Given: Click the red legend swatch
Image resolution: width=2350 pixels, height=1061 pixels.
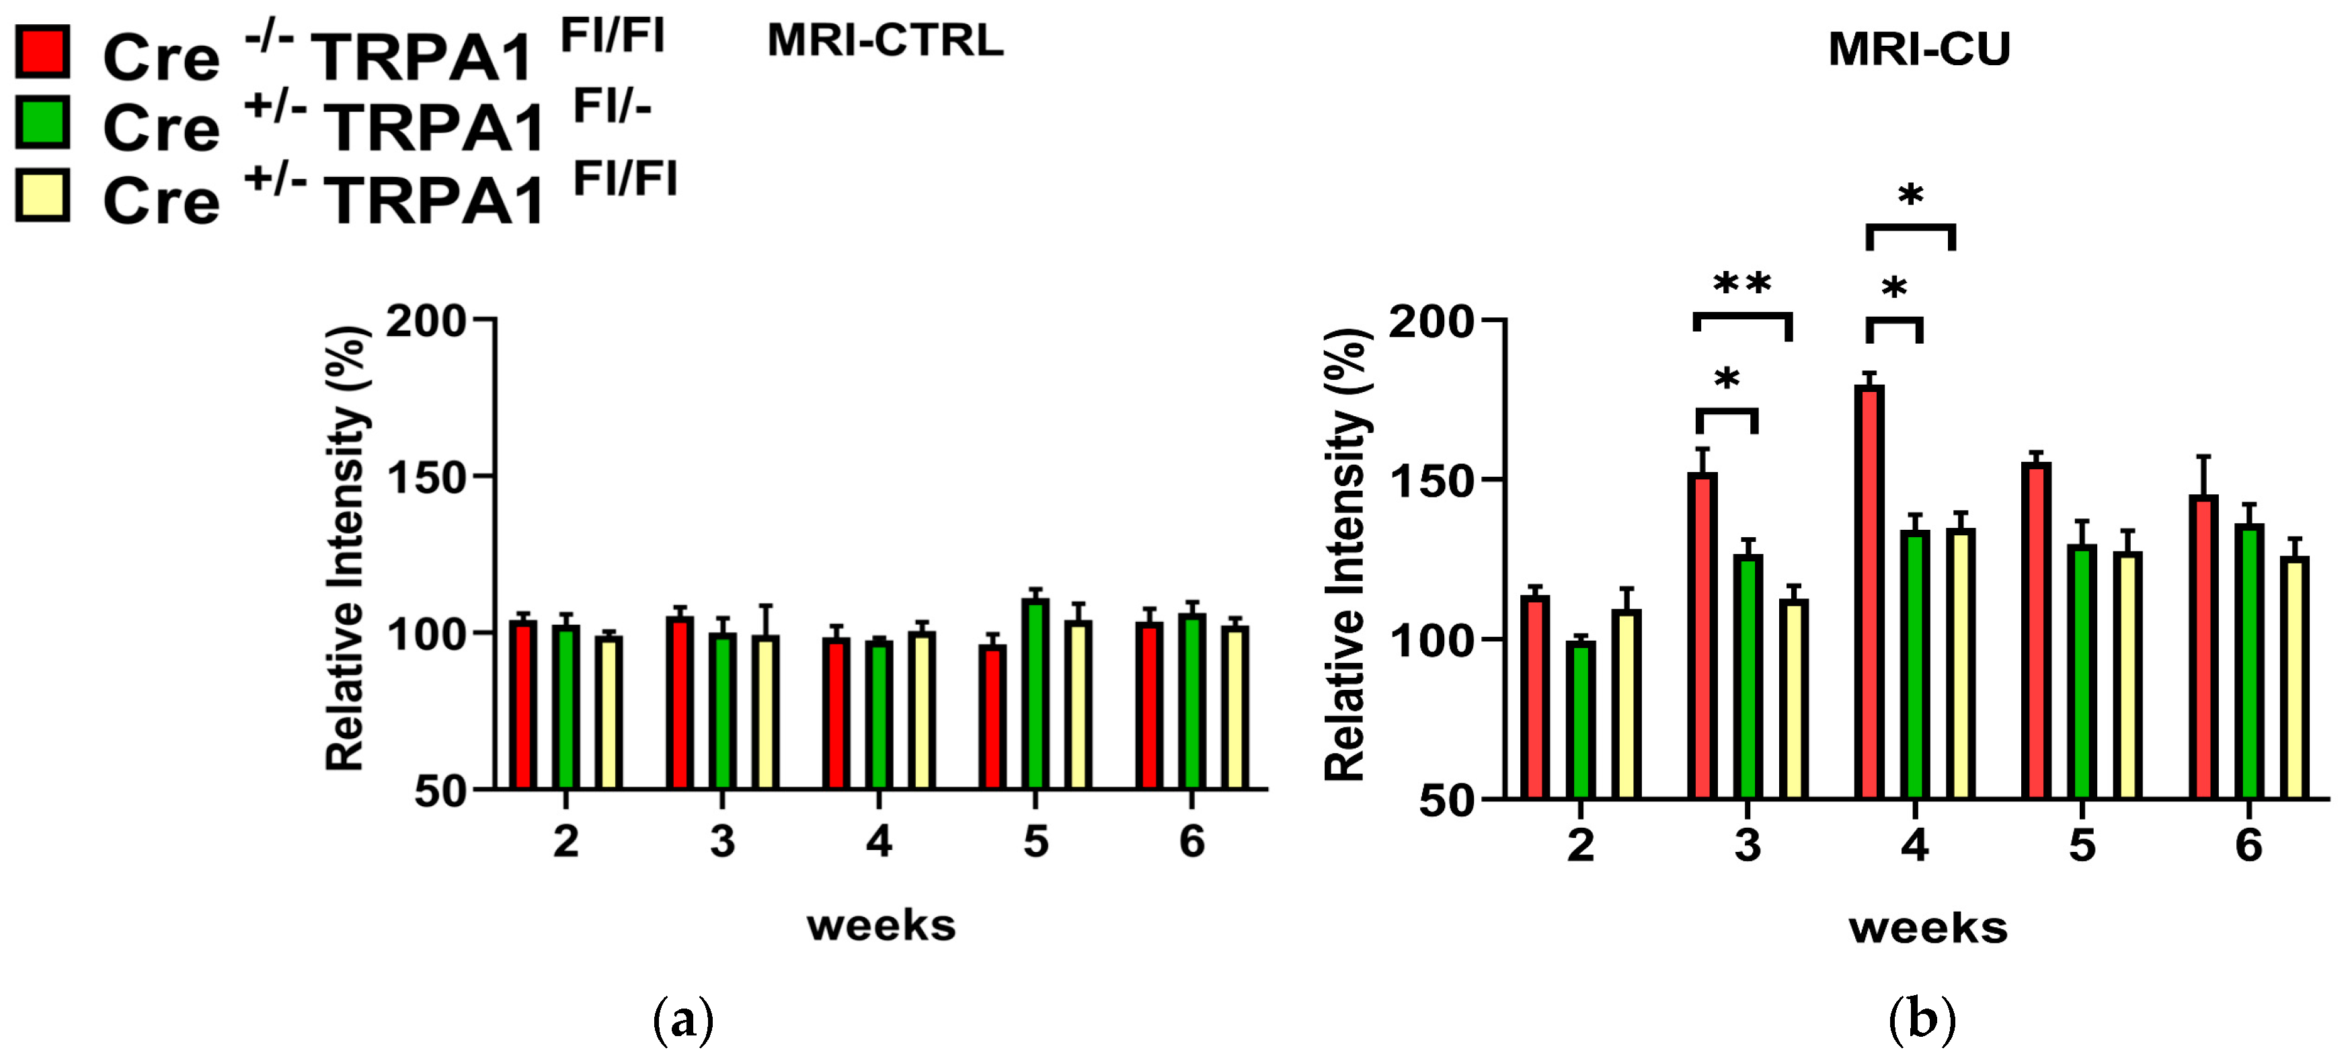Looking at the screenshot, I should point(42,51).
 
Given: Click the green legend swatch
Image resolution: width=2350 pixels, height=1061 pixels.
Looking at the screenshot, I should point(42,122).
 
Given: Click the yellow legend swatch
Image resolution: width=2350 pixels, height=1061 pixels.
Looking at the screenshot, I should point(42,194).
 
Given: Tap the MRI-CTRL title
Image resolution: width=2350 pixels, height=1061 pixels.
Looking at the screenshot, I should point(884,41).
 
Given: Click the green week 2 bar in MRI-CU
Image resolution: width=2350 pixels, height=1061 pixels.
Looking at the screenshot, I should point(1580,719).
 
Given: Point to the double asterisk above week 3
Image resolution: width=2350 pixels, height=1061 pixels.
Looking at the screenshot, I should point(1742,284).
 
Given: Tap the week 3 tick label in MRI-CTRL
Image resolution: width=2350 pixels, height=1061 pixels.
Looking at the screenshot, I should point(721,841).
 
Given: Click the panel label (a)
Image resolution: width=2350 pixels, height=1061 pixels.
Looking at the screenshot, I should point(683,1020).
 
